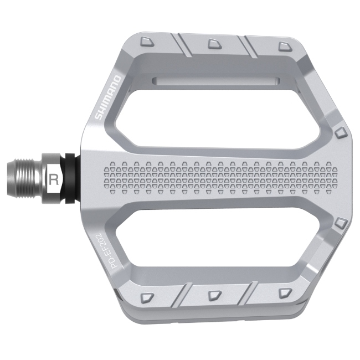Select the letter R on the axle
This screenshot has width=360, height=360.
click(54, 179)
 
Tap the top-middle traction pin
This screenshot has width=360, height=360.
click(213, 43)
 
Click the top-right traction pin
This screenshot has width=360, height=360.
click(284, 45)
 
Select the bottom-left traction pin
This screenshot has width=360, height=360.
click(146, 297)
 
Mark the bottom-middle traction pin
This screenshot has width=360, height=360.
click(213, 295)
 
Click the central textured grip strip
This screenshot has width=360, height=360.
click(222, 177)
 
